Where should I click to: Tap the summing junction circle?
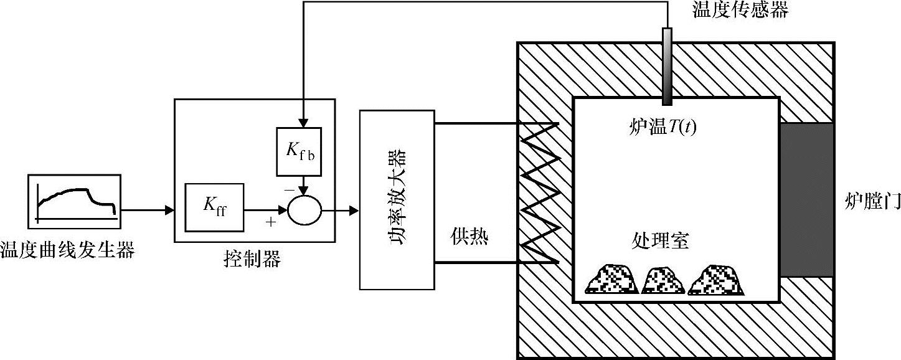click(x=304, y=211)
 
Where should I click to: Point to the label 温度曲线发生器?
click(x=68, y=251)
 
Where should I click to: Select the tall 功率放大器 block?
click(x=397, y=199)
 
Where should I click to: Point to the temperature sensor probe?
click(x=667, y=65)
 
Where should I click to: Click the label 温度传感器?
click(x=740, y=11)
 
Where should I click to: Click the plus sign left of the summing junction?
click(x=271, y=222)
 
